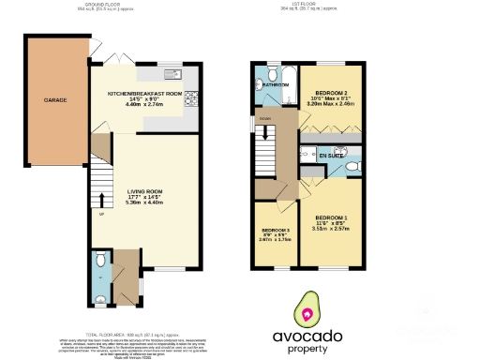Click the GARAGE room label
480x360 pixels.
(x=54, y=98)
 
